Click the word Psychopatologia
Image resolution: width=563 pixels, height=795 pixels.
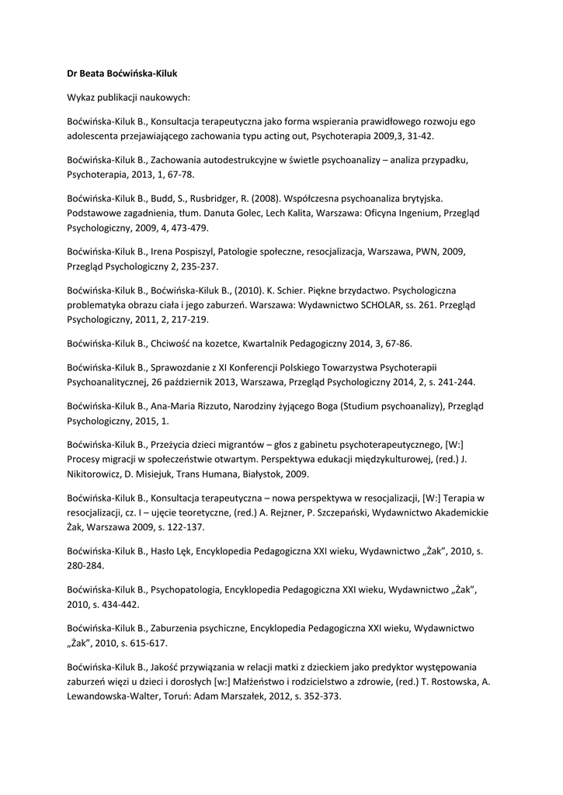tap(185, 589)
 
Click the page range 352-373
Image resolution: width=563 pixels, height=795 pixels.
tap(320, 696)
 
